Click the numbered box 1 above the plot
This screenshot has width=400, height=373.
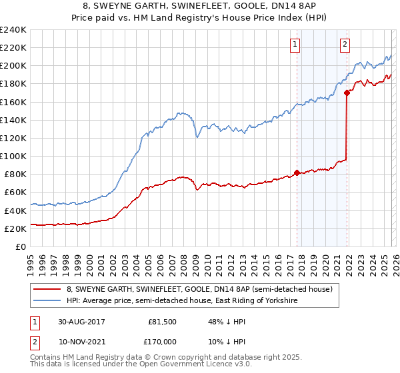[295, 45]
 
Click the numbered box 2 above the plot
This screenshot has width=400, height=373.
[345, 45]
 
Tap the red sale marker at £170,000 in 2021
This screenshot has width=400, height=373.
[347, 93]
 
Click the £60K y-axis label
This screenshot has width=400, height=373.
[15, 192]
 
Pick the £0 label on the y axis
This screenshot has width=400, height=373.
[21, 246]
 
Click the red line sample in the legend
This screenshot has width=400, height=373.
[48, 290]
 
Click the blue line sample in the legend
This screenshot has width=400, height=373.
[48, 301]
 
